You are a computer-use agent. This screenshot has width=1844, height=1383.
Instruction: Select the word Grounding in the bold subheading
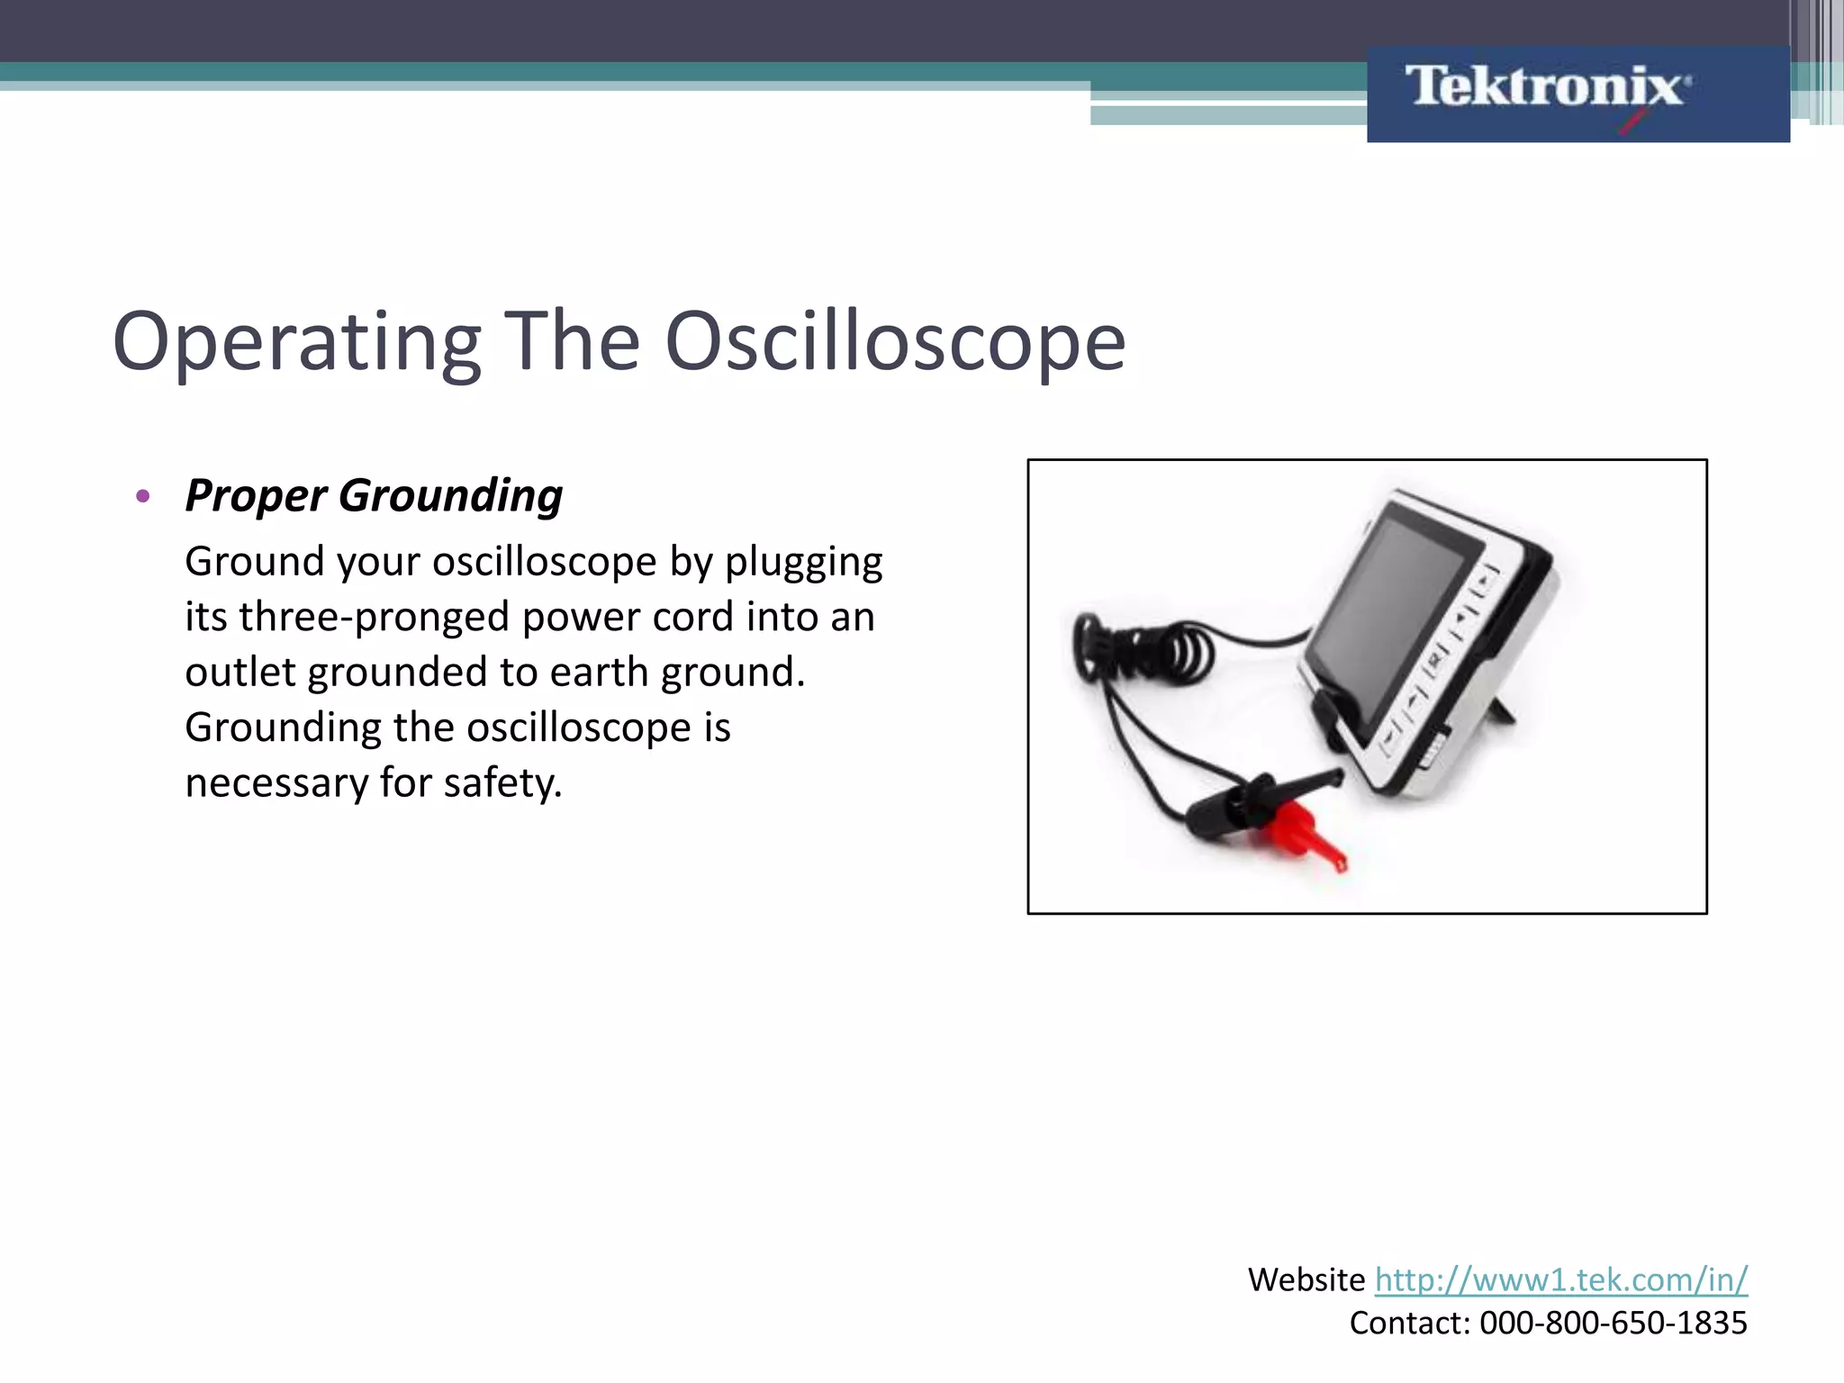click(450, 497)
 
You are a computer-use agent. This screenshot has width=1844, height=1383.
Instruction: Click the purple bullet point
click(142, 496)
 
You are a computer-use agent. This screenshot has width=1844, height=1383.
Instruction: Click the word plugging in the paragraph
click(803, 563)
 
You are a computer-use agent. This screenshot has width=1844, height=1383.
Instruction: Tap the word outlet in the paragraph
click(240, 673)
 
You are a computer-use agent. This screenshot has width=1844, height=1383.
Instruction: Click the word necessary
click(276, 783)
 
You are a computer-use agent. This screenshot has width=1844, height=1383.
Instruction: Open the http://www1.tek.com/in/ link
click(1560, 1279)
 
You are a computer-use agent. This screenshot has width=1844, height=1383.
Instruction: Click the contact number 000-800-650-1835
click(1613, 1323)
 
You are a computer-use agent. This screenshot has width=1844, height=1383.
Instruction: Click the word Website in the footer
click(1306, 1279)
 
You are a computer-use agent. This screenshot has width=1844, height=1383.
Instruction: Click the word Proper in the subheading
click(256, 497)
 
